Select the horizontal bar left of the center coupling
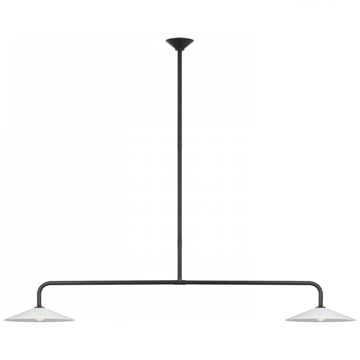(108, 283)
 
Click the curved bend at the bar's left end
(42, 287)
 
